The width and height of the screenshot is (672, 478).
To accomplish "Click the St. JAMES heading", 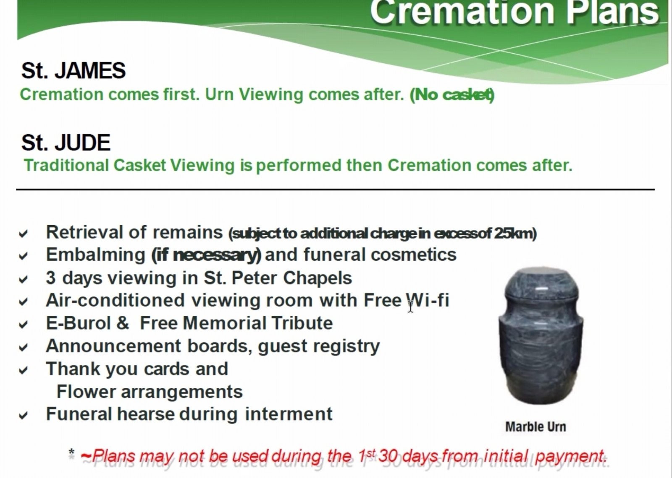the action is coord(73,71).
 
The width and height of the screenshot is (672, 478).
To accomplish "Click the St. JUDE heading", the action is coord(66,143).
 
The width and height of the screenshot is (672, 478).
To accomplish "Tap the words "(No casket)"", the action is coord(452,95).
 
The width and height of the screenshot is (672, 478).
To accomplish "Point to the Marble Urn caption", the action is coord(536,427).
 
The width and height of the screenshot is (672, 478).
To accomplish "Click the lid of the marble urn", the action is coord(542,283).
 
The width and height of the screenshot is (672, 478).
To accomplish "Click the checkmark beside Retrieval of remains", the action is coord(23,234).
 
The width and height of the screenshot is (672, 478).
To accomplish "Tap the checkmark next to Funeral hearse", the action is coord(23,416).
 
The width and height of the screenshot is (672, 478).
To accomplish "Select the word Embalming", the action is coord(96,255).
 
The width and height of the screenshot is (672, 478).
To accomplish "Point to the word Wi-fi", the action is coord(428,300).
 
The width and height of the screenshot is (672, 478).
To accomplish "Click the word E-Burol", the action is coord(78,323).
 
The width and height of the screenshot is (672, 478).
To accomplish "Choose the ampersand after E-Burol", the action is coord(123,323).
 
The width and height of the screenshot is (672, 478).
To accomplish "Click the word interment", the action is coord(289,414).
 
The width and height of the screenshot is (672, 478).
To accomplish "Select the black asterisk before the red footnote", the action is coord(71,452).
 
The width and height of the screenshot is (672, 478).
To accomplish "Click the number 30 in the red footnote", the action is coord(388,456).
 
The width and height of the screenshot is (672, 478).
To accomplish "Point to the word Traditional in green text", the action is coord(66,165).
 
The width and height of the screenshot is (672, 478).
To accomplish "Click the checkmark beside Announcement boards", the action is coord(23,348).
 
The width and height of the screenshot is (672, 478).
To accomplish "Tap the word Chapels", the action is coord(318,278).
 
